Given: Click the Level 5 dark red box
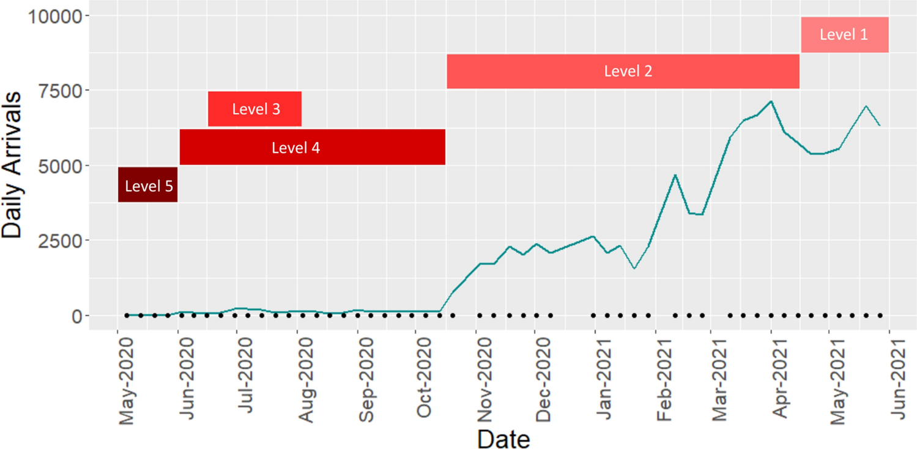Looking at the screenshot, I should click(147, 185).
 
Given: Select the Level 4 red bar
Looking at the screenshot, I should click(312, 147).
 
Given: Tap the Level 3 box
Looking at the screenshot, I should click(255, 109).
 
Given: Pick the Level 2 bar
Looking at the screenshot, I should click(623, 71).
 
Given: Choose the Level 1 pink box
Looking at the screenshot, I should click(844, 35).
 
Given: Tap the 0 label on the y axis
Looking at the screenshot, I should click(76, 316).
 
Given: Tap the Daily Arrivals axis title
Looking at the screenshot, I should click(15, 165).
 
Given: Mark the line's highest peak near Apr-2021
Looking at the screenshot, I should click(771, 102).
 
